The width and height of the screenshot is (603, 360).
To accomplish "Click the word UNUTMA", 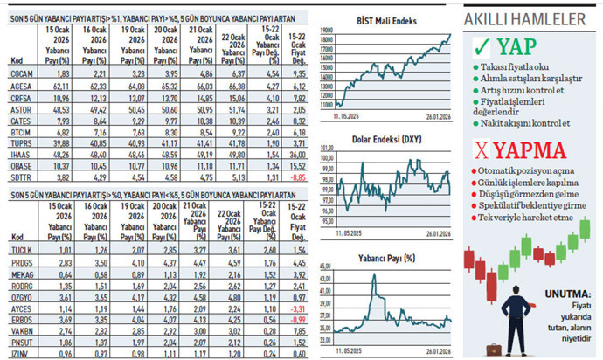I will click(x=568, y=294).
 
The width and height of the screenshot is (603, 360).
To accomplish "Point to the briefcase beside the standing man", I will click(x=494, y=349).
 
